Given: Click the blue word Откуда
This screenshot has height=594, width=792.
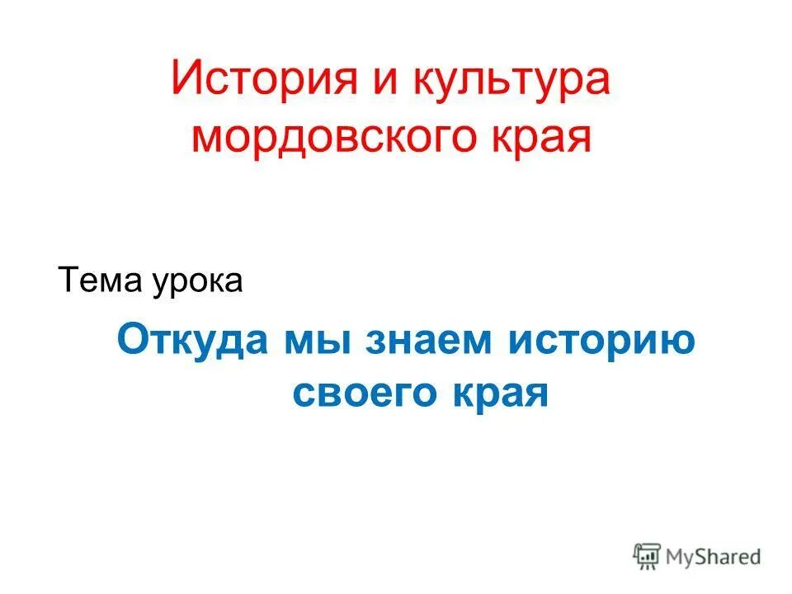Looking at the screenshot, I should pyautogui.click(x=195, y=340).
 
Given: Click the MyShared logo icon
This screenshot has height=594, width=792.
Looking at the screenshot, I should pyautogui.click(x=648, y=556).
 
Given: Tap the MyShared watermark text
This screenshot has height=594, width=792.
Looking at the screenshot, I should pyautogui.click(x=714, y=557).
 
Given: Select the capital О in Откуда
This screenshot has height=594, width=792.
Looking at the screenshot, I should pyautogui.click(x=132, y=340).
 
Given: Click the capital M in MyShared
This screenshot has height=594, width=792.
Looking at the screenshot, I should pyautogui.click(x=676, y=557).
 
